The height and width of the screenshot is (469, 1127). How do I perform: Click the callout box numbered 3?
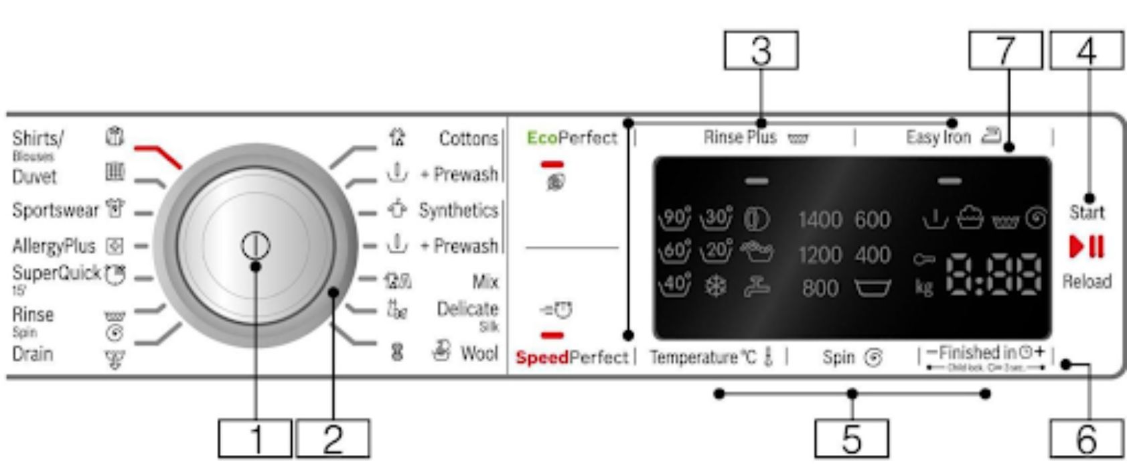(x=761, y=51)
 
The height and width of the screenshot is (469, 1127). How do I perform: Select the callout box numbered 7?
(x=1004, y=51)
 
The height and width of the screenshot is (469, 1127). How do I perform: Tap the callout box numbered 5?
(x=851, y=439)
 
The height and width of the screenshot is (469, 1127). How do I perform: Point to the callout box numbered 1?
(x=255, y=439)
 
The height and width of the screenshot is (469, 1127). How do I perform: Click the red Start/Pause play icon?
(x=1086, y=247)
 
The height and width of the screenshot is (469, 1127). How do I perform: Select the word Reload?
(x=1086, y=281)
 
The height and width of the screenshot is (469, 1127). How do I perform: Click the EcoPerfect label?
(x=571, y=138)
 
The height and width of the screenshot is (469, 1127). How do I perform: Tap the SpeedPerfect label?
(x=571, y=358)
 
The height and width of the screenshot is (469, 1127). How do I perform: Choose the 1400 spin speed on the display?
(x=819, y=220)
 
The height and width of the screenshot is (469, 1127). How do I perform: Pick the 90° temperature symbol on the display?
(x=674, y=218)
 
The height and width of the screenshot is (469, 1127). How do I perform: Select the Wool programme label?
(x=479, y=352)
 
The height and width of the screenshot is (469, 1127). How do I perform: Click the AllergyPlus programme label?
(x=54, y=247)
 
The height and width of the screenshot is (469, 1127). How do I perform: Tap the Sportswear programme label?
(x=55, y=210)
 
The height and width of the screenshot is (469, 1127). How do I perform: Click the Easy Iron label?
(x=938, y=138)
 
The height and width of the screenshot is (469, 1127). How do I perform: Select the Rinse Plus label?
(x=740, y=138)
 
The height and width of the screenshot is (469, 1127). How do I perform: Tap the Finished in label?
(x=977, y=352)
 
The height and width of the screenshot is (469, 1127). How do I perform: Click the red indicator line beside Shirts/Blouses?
(x=158, y=155)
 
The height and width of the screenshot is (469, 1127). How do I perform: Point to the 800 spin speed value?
(x=820, y=289)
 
